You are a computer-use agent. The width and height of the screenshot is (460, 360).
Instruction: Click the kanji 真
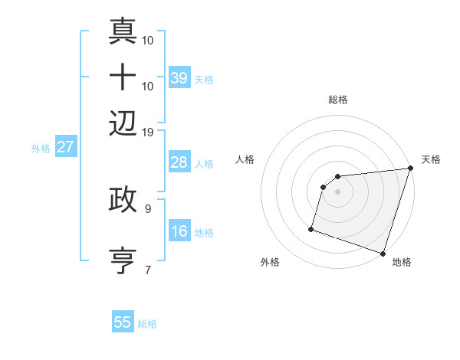tap(123, 31)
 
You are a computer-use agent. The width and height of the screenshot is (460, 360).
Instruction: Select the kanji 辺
tap(123, 123)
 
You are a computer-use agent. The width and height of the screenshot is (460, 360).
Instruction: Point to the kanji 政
tap(123, 200)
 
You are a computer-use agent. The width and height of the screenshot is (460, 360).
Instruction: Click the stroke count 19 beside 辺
tap(148, 132)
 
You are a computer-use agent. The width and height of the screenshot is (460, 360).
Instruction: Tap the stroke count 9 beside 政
tap(148, 208)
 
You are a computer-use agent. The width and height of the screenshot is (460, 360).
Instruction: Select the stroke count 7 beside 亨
tap(148, 269)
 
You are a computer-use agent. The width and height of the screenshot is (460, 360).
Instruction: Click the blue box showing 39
tap(179, 77)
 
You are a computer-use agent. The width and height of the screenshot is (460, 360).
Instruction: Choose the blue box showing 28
tap(179, 162)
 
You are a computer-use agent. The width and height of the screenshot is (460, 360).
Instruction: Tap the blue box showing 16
tap(179, 231)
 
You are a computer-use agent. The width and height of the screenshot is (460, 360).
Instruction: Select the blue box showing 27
tap(65, 147)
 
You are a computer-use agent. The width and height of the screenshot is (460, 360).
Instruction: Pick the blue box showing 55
tap(123, 322)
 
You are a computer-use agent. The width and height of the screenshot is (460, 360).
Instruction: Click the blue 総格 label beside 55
tap(147, 324)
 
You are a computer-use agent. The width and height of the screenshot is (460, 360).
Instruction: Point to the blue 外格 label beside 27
tap(41, 149)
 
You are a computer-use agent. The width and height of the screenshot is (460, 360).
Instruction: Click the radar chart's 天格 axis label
tap(431, 159)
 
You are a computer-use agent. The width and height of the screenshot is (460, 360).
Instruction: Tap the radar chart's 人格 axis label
tap(245, 159)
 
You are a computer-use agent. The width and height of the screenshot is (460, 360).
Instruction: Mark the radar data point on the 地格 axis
tap(383, 253)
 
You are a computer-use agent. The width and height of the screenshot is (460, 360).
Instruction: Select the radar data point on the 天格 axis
tap(411, 169)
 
